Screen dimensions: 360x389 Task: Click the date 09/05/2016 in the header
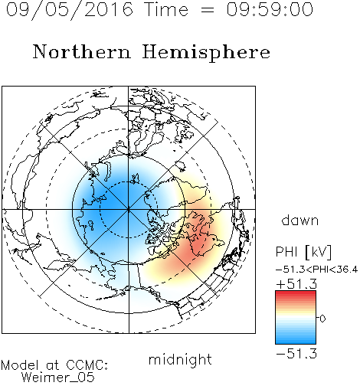70,10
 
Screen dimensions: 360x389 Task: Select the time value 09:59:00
270,9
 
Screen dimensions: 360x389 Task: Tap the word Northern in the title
82,51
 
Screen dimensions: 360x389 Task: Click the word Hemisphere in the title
206,53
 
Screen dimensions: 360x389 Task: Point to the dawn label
300,221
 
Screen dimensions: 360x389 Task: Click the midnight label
180,360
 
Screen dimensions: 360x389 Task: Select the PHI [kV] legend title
303,252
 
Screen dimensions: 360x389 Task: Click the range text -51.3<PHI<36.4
316,270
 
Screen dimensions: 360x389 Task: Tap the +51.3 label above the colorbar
296,284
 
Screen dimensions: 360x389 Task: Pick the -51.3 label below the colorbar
296,354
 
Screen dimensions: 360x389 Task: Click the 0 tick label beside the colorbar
322,319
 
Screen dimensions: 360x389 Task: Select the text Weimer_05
58,378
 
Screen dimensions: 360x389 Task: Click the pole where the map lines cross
129,209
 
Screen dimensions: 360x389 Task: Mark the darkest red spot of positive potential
198,247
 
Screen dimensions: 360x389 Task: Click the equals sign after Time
208,10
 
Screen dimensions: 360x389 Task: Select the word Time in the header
166,9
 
